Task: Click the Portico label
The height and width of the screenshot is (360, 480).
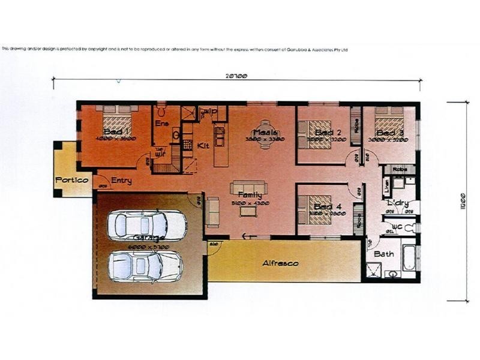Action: pyautogui.click(x=72, y=180)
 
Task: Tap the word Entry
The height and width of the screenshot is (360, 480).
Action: pyautogui.click(x=121, y=181)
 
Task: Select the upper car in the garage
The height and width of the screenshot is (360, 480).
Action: pyautogui.click(x=146, y=225)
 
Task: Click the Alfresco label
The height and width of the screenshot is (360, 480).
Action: pyautogui.click(x=280, y=263)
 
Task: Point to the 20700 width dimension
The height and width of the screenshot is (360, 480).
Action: pyautogui.click(x=236, y=76)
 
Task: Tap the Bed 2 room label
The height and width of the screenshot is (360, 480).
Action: pyautogui.click(x=328, y=132)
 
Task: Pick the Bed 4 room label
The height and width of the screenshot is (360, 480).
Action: pyautogui.click(x=328, y=207)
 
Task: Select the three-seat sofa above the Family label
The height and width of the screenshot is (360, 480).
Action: pyautogui.click(x=248, y=187)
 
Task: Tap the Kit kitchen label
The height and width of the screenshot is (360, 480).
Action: pyautogui.click(x=203, y=146)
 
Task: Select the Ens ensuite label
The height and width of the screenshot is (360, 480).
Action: pyautogui.click(x=161, y=124)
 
